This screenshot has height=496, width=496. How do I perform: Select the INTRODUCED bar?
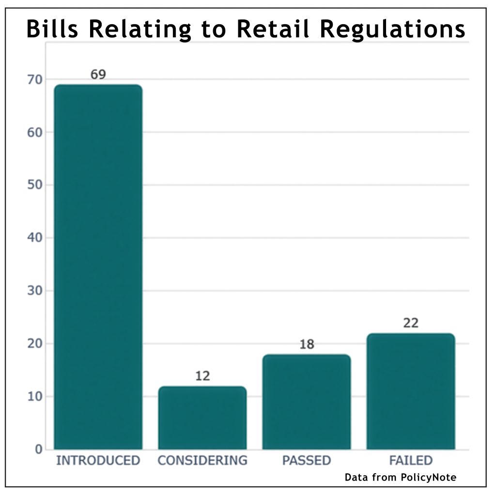tap(98, 266)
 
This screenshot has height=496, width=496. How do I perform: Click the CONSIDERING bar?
tap(202, 418)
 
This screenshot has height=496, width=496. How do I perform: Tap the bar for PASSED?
tap(306, 402)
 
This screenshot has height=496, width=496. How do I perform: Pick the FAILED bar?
tap(410, 391)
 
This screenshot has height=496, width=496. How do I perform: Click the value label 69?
tap(98, 75)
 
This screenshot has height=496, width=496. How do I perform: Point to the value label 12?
tap(202, 376)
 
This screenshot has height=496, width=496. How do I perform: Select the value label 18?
tap(306, 344)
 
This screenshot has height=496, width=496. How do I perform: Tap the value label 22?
tap(410, 323)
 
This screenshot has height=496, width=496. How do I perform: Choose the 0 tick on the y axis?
tap(38, 449)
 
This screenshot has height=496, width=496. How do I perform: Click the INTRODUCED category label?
tap(98, 460)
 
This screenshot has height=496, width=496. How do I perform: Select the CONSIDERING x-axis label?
tap(202, 460)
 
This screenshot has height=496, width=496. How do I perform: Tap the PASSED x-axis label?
tap(306, 460)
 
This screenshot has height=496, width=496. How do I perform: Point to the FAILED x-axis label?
tap(410, 460)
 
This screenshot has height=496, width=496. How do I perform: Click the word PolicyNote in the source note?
tap(429, 478)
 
